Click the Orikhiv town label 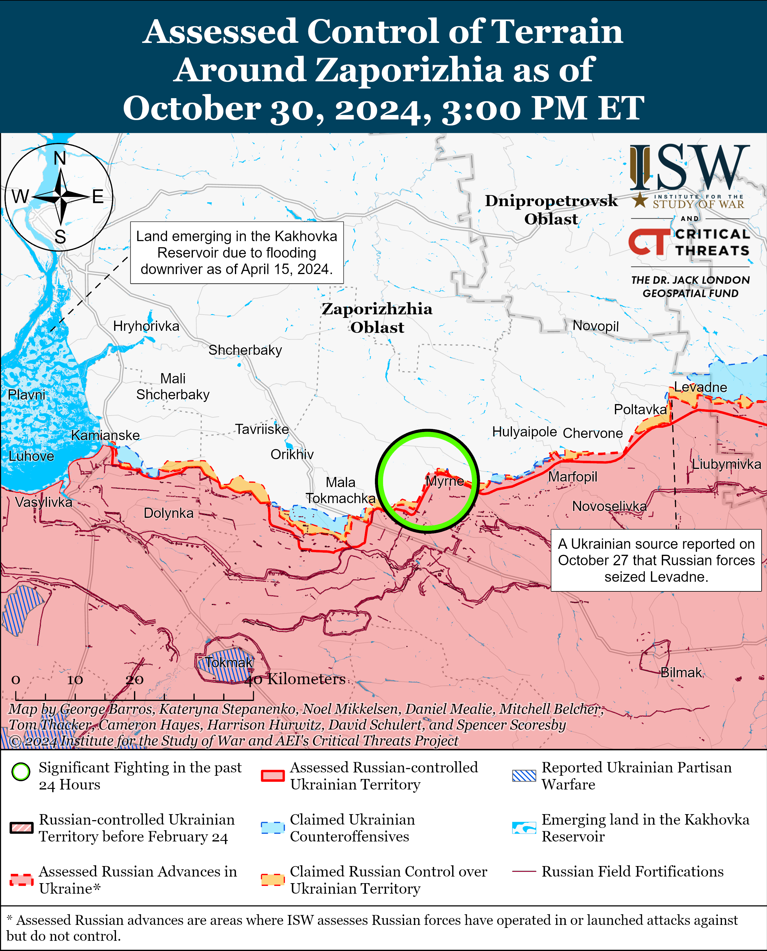(292, 454)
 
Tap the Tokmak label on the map (228, 662)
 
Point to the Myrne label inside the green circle (444, 481)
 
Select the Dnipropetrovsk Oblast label (551, 209)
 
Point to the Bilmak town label (681, 672)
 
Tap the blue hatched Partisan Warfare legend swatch (524, 776)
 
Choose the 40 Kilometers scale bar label (295, 679)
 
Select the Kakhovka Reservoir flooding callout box (236, 252)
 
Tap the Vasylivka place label (43, 502)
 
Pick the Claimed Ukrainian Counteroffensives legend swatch (272, 828)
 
